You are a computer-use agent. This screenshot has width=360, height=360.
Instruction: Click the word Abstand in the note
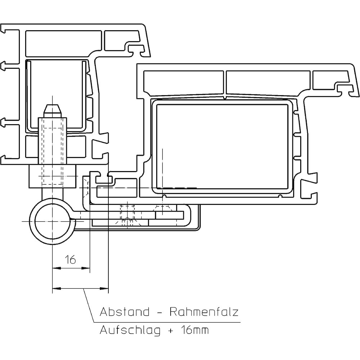point(124,312)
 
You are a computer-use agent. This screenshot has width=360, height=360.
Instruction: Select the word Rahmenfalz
point(204,312)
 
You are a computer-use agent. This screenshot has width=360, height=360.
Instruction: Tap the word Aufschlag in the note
point(130,330)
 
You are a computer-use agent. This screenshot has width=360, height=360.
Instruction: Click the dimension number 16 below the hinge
point(71,259)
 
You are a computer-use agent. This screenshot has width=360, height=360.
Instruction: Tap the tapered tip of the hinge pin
point(52,108)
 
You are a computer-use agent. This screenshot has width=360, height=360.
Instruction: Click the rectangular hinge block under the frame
point(52,176)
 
